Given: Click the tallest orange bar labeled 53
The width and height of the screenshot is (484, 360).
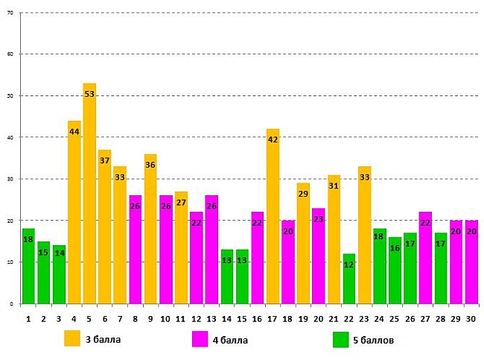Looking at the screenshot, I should pos(89,194).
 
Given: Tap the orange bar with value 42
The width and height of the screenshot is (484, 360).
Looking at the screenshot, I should pos(273,216).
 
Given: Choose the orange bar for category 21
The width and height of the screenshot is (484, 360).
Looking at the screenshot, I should pos(334,239).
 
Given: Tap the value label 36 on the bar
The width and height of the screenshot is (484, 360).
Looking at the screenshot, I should pos(150,165).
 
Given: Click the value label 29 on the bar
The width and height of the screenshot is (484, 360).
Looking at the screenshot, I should pos(303,194).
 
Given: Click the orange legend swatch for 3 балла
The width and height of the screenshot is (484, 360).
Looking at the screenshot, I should pos(72,339).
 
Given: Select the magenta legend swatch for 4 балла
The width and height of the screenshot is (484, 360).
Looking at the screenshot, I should pos(200,339).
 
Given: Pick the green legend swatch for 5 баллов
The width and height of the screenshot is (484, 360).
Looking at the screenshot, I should pos(341,339).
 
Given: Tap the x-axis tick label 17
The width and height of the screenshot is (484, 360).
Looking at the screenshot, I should pos(273,318).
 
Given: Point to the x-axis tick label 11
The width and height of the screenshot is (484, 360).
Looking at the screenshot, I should pos(181,318).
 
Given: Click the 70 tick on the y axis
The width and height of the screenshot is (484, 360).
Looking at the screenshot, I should pos(9,13).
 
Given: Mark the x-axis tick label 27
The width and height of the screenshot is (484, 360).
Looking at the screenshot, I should pos(425,318).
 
